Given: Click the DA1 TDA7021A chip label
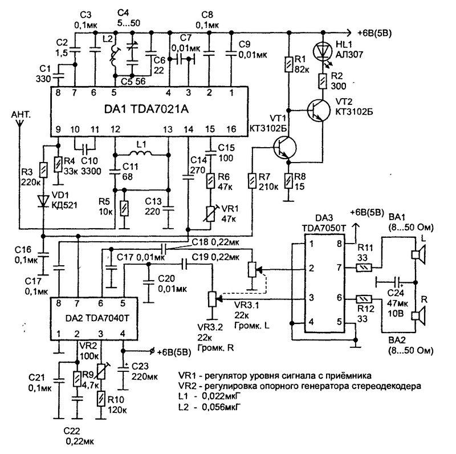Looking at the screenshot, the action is tap(146, 109).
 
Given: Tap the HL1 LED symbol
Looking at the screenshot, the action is tap(322, 51).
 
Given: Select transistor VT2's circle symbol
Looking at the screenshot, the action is tap(319, 110).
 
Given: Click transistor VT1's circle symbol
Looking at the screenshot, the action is tap(284, 148).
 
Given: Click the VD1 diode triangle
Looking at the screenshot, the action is tap(43, 201).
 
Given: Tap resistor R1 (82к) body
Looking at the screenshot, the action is tap(289, 64).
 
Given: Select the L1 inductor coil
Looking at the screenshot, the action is tap(141, 153).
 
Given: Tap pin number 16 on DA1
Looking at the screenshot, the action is tap(231, 129).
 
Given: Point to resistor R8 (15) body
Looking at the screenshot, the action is tap(289, 181).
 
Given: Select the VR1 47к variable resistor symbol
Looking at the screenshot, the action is tap(210, 214).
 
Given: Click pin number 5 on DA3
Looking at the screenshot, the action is tap(339, 322).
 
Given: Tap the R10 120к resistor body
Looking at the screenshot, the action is tap(101, 399).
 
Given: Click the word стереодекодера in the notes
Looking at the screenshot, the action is tap(387, 386).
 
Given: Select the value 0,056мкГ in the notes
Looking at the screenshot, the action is tap(218, 407).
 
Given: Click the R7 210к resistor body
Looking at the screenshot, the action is tap(252, 181).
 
